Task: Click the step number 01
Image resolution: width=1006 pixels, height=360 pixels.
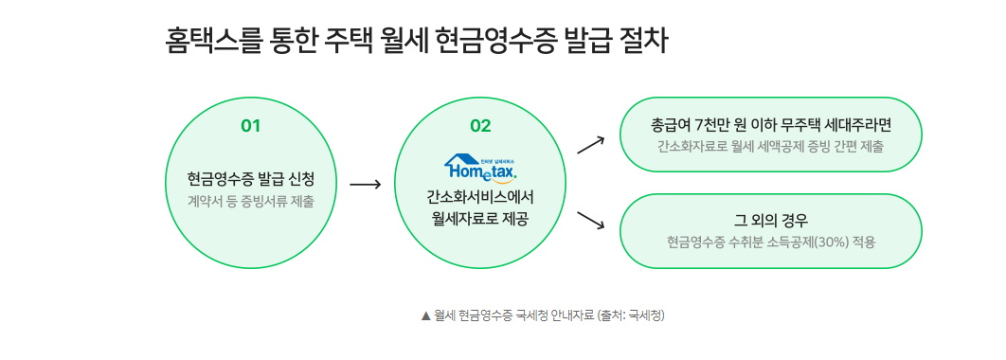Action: [x=250, y=126]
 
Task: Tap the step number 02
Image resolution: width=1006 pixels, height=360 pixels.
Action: [x=481, y=126]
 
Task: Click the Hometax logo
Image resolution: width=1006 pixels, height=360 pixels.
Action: [x=481, y=168]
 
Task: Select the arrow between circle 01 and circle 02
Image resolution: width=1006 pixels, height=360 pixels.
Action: [x=365, y=184]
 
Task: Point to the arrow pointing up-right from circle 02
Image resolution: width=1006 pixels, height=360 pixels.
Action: [x=590, y=143]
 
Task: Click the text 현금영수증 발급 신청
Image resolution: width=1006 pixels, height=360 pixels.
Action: [x=250, y=179]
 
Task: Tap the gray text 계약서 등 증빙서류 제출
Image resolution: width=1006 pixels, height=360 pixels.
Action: [x=250, y=201]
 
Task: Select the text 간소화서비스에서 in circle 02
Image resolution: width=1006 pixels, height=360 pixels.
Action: [x=481, y=198]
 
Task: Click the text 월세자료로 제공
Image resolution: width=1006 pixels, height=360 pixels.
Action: [x=481, y=219]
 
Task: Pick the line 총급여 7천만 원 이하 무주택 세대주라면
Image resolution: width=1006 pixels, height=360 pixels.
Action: [x=770, y=125]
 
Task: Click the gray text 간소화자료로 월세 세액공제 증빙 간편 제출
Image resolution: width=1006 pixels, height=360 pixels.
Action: [x=770, y=147]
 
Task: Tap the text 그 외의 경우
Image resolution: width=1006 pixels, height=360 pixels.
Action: [x=770, y=221]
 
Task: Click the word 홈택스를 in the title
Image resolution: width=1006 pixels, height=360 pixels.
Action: [x=209, y=43]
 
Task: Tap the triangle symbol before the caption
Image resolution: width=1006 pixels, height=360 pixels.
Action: [x=425, y=315]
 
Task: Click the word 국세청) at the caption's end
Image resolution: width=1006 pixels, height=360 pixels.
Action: [x=647, y=315]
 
